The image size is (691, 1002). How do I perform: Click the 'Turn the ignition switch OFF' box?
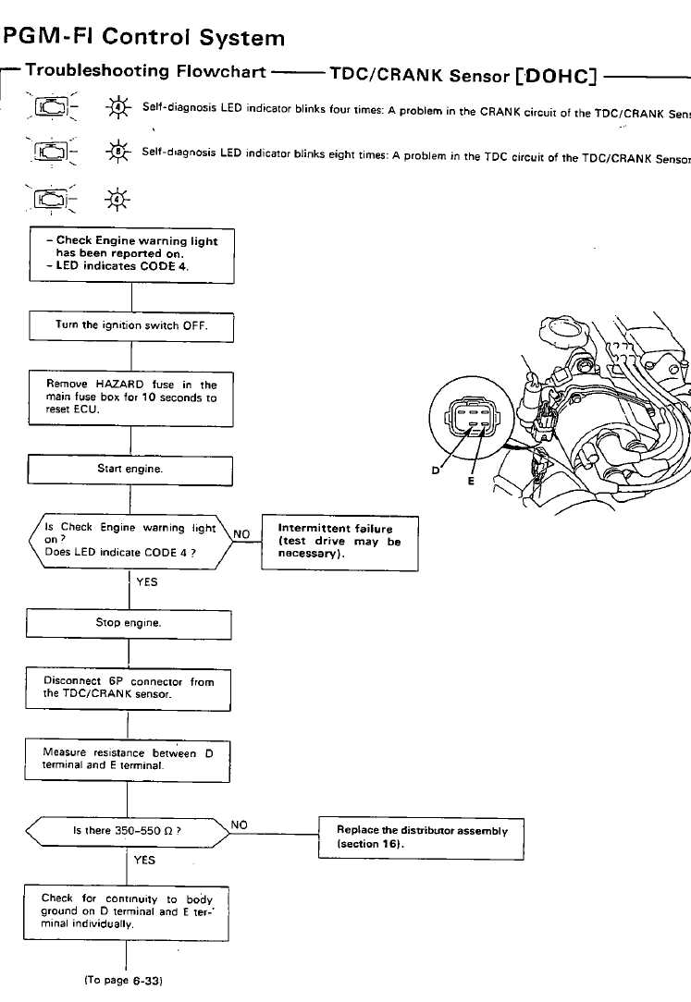131,325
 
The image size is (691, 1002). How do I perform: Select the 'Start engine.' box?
130,470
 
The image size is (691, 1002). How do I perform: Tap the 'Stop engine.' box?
129,623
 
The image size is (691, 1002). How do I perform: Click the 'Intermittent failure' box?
339,542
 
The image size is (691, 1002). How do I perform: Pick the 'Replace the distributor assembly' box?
421,837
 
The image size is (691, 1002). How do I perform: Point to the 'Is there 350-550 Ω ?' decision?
127,830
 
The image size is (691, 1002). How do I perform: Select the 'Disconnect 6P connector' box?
129,689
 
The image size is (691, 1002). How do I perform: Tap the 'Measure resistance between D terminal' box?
128,760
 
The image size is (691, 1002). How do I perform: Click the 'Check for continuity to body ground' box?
127,910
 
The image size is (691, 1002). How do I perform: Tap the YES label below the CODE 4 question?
145,582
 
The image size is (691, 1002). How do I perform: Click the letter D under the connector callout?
436,470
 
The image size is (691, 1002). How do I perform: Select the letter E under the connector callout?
470,481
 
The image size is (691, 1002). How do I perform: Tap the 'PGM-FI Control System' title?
145,38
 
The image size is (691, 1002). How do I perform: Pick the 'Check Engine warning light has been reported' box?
132,253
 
